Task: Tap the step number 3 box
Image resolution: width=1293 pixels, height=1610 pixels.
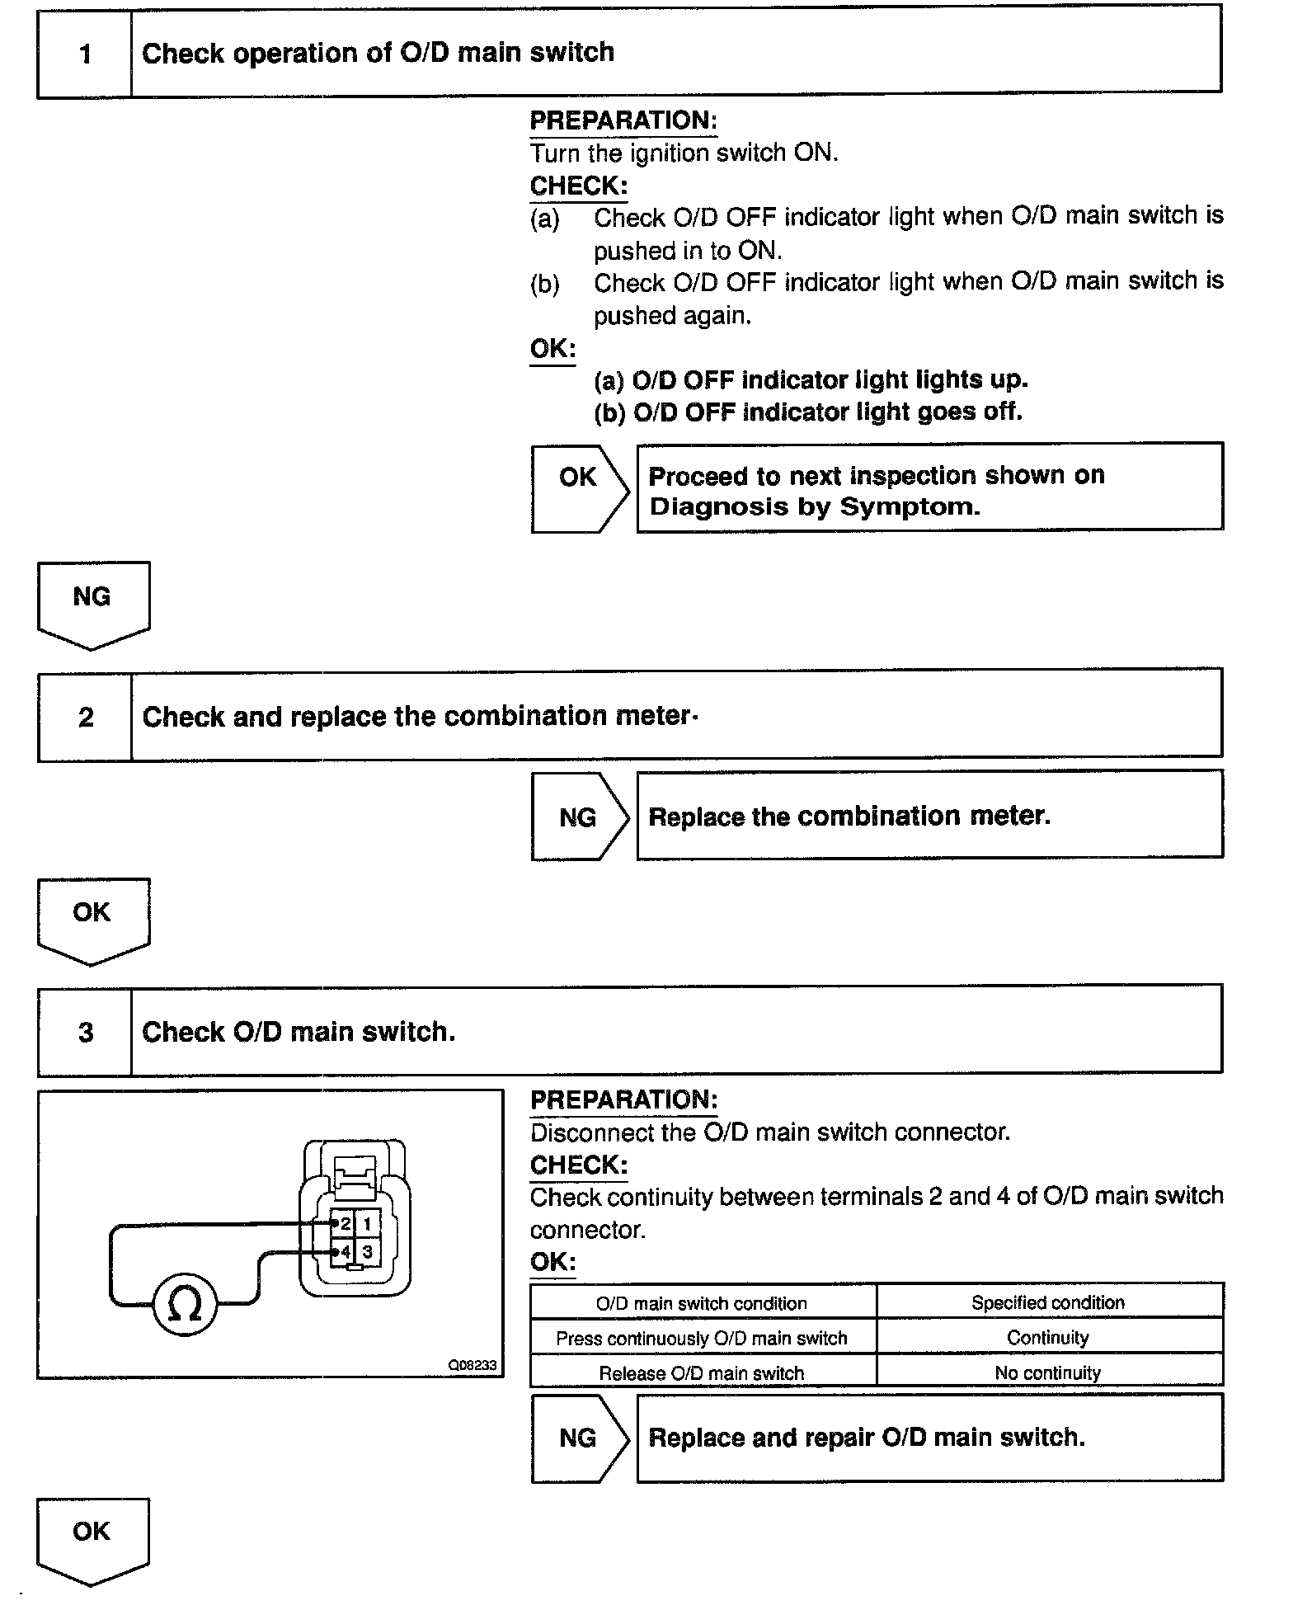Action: point(86,1032)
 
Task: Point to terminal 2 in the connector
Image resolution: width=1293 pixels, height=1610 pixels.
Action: point(345,1224)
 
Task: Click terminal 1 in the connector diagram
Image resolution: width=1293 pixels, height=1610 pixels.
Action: point(368,1224)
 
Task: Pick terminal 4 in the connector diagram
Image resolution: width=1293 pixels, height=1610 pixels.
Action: point(345,1252)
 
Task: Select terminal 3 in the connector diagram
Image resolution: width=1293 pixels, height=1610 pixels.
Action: point(368,1252)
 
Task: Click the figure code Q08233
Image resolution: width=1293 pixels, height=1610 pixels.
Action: point(472,1365)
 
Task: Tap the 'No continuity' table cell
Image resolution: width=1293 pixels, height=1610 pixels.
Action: point(1048,1372)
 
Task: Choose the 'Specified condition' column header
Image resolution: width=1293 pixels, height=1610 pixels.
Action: point(1048,1302)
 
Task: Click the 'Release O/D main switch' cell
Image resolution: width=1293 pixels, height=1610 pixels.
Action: point(702,1373)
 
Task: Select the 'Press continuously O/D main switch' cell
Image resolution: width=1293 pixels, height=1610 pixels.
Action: point(702,1338)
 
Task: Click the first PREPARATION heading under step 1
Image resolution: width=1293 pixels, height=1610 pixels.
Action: point(623,120)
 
